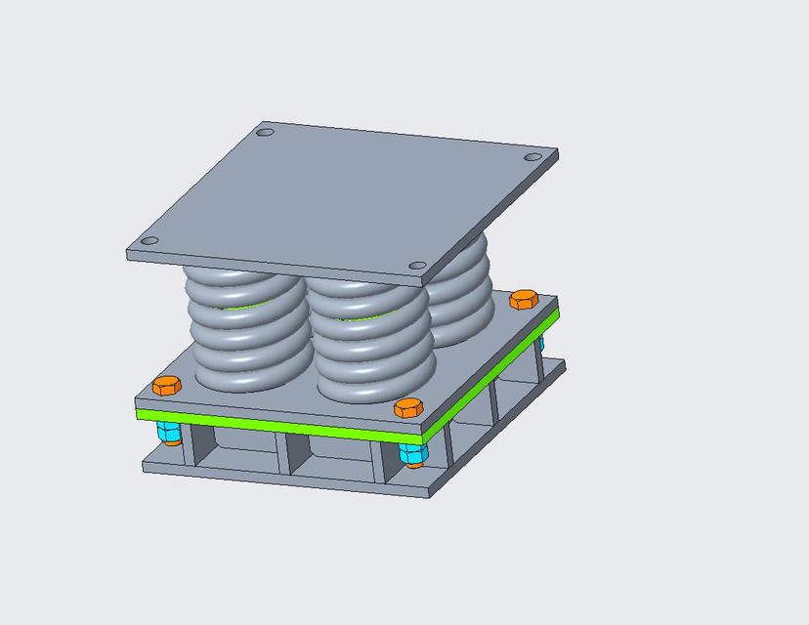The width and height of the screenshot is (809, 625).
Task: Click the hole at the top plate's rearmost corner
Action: (264, 132)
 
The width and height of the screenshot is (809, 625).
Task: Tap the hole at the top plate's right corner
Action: (532, 156)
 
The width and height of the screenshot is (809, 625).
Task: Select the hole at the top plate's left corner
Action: (149, 241)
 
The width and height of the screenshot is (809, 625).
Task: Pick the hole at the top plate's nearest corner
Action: (417, 266)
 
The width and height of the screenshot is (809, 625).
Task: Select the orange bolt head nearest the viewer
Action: (407, 406)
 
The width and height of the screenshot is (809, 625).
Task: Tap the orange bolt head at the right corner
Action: (525, 299)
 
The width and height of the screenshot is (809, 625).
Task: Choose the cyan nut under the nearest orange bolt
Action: (412, 452)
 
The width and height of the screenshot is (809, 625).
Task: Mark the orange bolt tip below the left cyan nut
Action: (172, 441)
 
